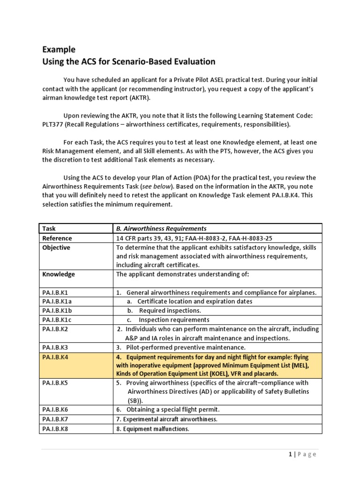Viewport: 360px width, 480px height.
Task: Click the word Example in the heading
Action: pos(59,49)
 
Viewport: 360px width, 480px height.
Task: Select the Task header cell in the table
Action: pos(49,228)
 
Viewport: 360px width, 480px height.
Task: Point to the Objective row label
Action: pos(56,247)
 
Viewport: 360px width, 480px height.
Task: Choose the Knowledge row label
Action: pos(58,274)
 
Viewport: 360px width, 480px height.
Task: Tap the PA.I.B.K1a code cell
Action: pos(57,301)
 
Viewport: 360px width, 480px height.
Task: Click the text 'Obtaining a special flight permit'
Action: pos(177,409)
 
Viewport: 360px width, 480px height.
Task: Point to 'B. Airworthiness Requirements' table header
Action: pos(161,228)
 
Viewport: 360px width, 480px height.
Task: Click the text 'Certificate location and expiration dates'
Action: pos(195,301)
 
